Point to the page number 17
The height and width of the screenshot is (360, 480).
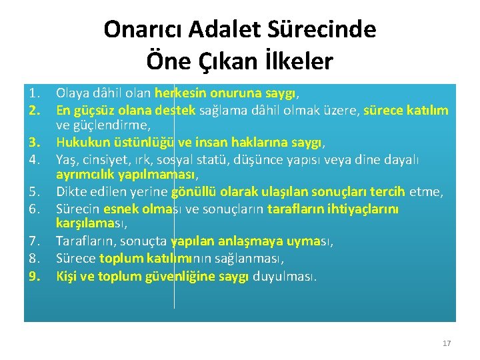tap(447, 343)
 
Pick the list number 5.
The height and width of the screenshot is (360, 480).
tap(34, 192)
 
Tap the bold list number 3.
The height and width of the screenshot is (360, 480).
tap(34, 143)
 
